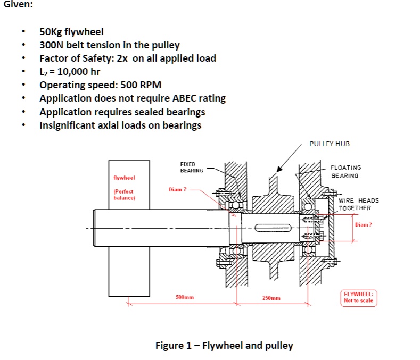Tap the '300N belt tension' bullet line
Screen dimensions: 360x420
[109, 45]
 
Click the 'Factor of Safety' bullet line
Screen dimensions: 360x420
[128, 58]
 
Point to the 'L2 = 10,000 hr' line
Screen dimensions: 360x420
[70, 72]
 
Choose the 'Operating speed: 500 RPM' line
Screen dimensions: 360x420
[100, 85]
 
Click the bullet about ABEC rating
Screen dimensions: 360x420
[133, 98]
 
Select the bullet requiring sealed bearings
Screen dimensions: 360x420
[122, 112]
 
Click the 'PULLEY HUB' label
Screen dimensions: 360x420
[330, 144]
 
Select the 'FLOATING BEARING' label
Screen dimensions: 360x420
[345, 171]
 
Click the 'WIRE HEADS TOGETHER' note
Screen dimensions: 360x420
[358, 204]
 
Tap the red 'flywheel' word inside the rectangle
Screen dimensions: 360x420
[125, 178]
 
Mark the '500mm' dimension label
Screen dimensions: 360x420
[184, 297]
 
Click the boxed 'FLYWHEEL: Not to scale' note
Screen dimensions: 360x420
[359, 297]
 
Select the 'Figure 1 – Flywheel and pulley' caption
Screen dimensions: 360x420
[224, 346]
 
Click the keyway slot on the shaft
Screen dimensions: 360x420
[271, 229]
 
